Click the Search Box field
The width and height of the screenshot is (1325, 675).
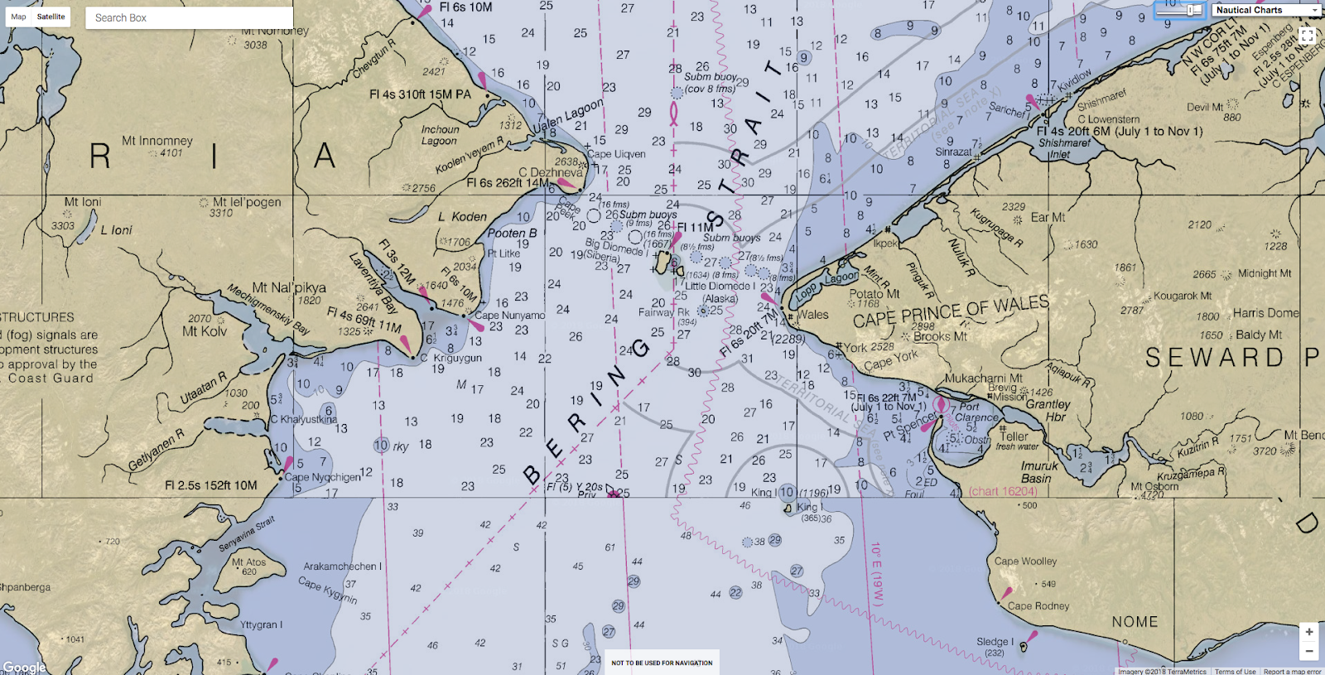pos(189,17)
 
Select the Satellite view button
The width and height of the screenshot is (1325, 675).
pos(51,17)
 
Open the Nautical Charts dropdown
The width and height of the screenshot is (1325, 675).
pos(1265,10)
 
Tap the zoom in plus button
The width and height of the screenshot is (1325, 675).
pos(1308,631)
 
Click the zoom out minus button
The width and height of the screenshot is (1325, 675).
pos(1308,651)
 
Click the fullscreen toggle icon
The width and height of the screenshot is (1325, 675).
pos(1307,36)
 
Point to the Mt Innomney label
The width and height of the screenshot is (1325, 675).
pos(157,141)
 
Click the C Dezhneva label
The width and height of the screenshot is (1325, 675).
pos(551,172)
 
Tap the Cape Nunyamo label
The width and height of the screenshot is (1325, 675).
pos(510,316)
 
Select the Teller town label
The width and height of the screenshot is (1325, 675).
pos(1014,436)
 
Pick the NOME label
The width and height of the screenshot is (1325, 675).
pos(1135,621)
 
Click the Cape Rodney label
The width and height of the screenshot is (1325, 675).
pos(1038,605)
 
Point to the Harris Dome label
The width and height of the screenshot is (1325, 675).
pos(1265,313)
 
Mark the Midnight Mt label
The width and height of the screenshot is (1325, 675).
pos(1264,273)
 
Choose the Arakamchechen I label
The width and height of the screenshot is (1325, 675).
pos(342,567)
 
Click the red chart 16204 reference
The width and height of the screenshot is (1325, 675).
pos(1002,491)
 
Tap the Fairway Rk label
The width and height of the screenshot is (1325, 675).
pos(663,312)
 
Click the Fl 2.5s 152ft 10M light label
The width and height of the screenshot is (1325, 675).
pos(210,485)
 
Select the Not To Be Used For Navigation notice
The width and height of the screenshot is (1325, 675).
pos(662,663)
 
